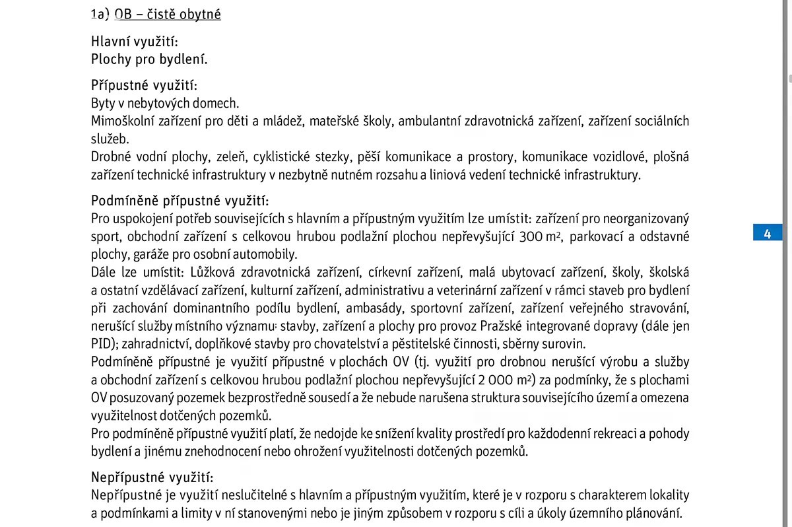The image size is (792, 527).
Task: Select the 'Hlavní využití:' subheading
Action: (134, 42)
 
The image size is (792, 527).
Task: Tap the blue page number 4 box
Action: (767, 233)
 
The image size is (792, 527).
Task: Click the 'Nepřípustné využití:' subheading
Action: (152, 477)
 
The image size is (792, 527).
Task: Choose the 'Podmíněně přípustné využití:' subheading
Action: (180, 201)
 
